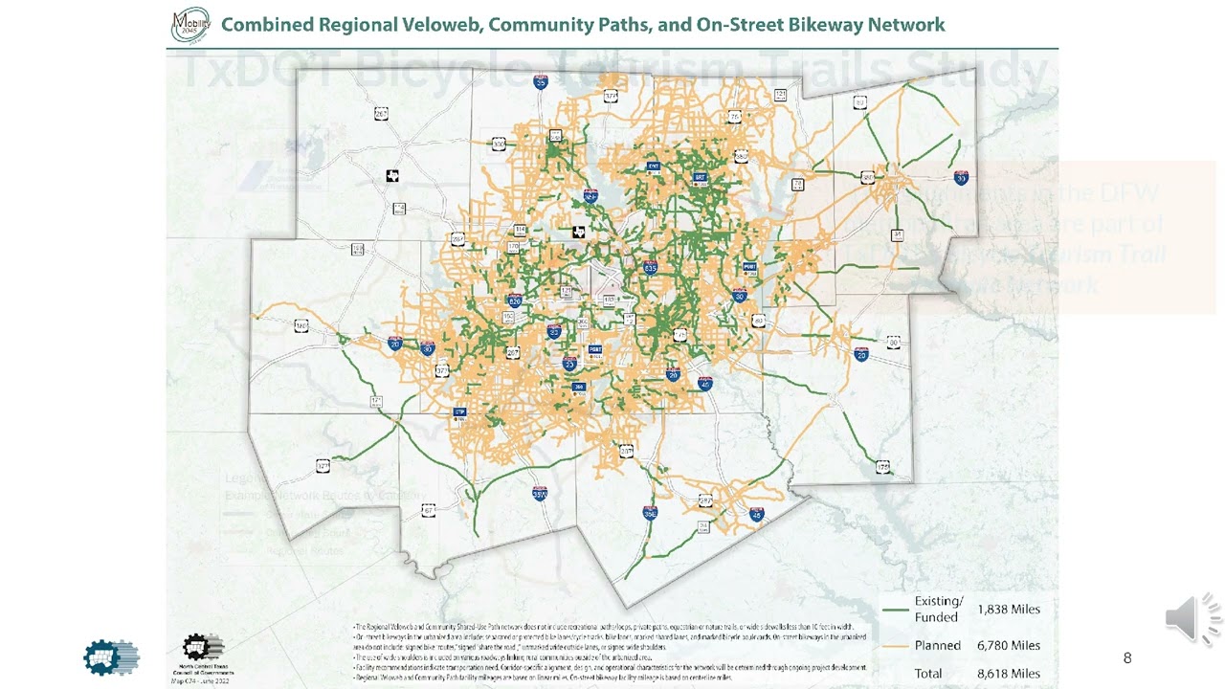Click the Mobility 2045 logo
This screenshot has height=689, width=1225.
point(189,25)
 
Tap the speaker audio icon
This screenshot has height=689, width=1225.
point(1192,618)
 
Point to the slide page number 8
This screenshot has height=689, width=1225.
point(1127,657)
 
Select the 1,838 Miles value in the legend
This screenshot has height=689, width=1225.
point(1008,609)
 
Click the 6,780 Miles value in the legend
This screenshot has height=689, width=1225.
point(1008,645)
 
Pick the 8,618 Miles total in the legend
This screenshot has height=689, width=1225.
point(1008,674)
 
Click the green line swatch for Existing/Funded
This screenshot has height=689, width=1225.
point(895,610)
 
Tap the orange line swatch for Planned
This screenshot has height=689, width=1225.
point(895,646)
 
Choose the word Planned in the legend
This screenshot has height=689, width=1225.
point(937,646)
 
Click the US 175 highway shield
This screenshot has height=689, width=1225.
point(882,467)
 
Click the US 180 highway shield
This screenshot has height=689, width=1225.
point(301,326)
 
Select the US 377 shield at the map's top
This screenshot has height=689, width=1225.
point(611,97)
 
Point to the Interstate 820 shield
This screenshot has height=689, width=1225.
point(514,300)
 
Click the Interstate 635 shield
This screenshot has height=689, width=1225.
point(651,268)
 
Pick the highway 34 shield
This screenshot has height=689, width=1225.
point(897,234)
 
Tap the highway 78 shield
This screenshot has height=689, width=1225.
point(734,117)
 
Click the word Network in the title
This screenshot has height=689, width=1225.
point(906,25)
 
